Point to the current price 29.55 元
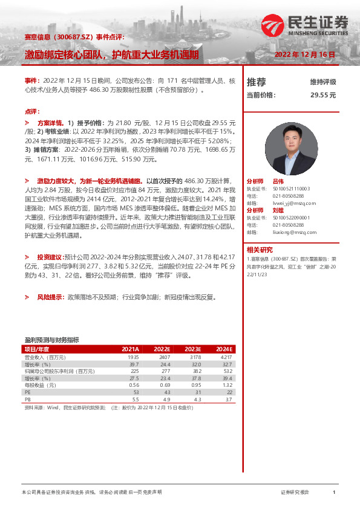pos(322,95)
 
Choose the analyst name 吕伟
pos(278,181)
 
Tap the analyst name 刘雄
pos(278,210)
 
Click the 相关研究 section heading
pos(260,249)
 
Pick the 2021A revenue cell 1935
pos(133,357)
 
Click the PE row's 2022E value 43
pos(165,392)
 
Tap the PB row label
pos(27,400)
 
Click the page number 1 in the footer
pos(334,493)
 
